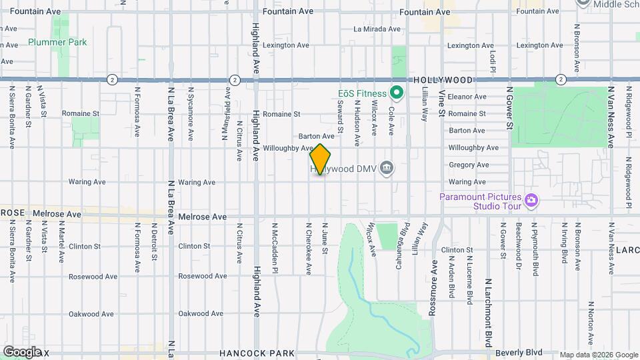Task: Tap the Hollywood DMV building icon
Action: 386,169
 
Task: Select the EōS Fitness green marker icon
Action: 397,93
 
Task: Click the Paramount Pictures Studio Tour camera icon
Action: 531,199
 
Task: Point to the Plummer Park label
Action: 57,42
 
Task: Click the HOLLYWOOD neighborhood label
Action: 443,79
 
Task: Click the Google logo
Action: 22,351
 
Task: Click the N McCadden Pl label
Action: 275,247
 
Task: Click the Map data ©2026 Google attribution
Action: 598,355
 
